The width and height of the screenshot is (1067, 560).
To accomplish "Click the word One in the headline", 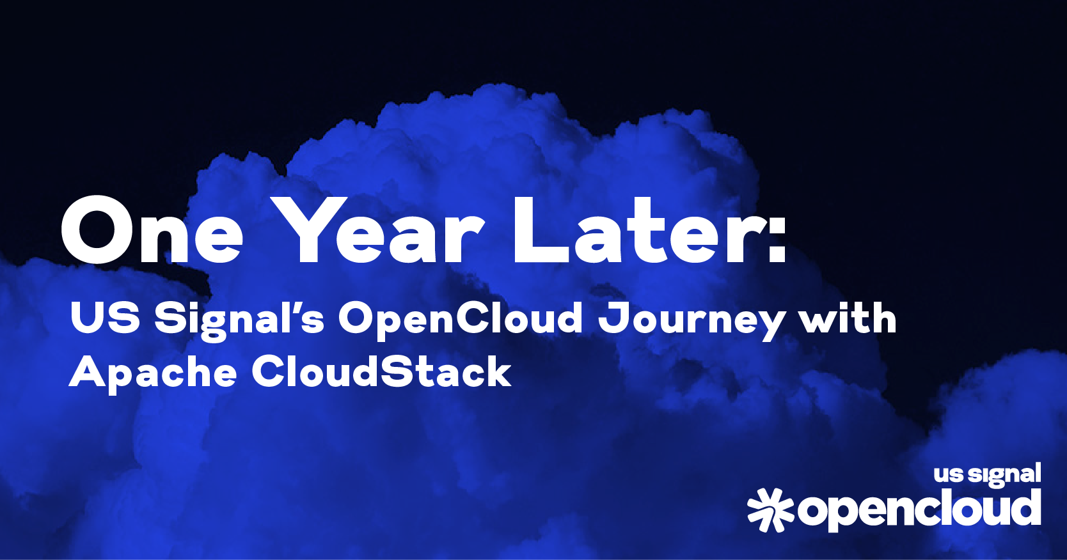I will coord(152,231).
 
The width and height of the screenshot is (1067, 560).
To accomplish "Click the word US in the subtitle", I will coord(105,318).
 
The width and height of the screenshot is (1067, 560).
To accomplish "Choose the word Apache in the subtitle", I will coord(152,373).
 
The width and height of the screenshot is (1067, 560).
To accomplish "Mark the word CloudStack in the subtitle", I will coord(382,371).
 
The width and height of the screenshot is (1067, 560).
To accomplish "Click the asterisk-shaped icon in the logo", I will coord(770,509).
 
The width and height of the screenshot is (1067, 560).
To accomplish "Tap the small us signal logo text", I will coord(986,475).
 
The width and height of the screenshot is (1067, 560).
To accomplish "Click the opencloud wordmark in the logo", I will coord(919,509).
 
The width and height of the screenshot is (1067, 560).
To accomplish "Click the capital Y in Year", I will coord(306,231).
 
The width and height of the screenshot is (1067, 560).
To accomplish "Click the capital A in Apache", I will coord(87,371).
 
